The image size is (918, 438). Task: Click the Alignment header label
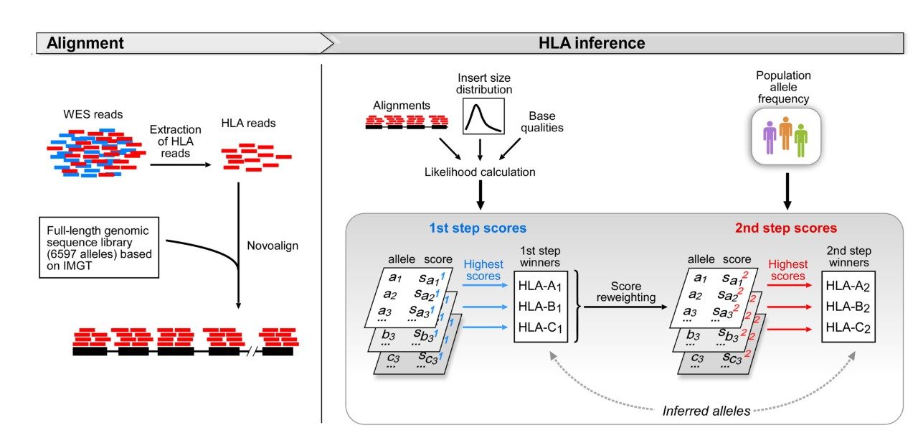[85, 43]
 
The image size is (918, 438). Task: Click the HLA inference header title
[592, 43]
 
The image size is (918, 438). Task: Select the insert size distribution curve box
[483, 116]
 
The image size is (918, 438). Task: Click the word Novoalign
[272, 246]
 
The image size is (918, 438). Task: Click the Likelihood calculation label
[480, 172]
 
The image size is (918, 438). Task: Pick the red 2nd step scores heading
[785, 228]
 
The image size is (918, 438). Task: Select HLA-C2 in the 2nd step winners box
[848, 327]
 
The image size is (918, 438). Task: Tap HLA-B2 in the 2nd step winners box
[848, 307]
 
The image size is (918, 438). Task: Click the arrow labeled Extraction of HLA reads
[180, 164]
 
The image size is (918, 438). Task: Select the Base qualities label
[546, 122]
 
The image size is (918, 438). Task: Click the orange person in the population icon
[785, 134]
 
